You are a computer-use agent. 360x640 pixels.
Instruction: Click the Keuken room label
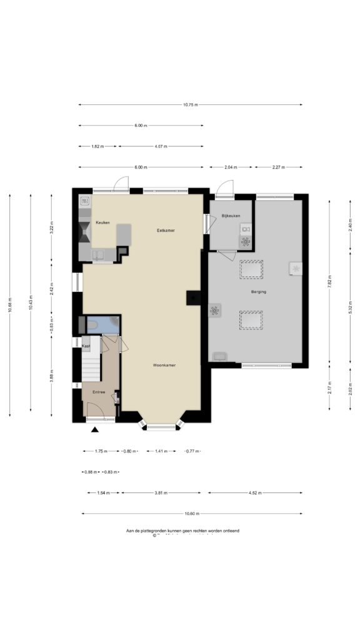coord(102,222)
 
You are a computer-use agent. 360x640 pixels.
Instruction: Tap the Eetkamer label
coord(166,231)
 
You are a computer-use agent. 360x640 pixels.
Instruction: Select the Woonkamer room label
coord(164,365)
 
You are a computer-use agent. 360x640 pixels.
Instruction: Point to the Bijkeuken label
coord(231,216)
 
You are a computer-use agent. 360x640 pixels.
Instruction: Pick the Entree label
coord(99,392)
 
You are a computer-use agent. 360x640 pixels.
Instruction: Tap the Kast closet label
coord(86,346)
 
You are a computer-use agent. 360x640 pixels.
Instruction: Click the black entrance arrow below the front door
coord(95,430)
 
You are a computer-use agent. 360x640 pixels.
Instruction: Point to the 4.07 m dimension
coord(161,146)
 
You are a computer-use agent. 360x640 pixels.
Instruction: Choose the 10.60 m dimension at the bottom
coord(192,514)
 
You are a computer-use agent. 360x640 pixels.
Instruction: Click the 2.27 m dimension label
coord(279,167)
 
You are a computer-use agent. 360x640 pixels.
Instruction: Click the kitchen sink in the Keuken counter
coord(99,254)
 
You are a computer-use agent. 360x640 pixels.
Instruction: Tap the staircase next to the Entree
coord(91,366)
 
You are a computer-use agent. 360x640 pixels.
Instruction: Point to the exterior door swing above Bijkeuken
coord(224,187)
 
